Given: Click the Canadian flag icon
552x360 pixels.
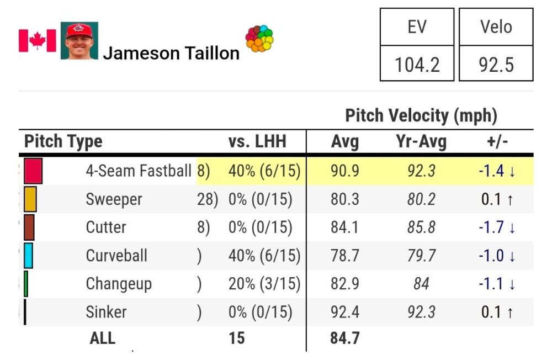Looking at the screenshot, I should [38, 41].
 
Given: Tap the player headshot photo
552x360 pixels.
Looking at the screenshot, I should [79, 41].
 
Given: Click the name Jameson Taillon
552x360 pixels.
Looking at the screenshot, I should [171, 53].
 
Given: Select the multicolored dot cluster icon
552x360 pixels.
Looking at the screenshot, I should [259, 39].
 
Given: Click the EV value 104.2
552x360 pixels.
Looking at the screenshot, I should [417, 65].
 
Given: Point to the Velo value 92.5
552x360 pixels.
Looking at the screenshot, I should [495, 65].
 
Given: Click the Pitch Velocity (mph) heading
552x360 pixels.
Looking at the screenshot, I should [421, 116].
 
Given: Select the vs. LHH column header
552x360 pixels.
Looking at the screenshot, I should [257, 141].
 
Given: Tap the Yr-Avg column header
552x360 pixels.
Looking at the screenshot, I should [421, 141].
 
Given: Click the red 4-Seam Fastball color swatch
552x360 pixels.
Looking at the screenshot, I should [33, 171].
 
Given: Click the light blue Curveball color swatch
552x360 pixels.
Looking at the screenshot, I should [28, 256].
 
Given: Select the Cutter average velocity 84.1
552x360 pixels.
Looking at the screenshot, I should [345, 227].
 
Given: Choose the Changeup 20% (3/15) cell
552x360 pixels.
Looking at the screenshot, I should [264, 284].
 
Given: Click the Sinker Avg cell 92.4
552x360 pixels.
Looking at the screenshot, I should [345, 312].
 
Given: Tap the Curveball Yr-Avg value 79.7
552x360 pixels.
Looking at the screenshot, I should [421, 256].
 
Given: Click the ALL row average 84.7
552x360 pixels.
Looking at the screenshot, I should [345, 337].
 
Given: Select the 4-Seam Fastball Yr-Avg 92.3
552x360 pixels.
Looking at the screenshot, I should [421, 171].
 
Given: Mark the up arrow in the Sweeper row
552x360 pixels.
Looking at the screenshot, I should [509, 200].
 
